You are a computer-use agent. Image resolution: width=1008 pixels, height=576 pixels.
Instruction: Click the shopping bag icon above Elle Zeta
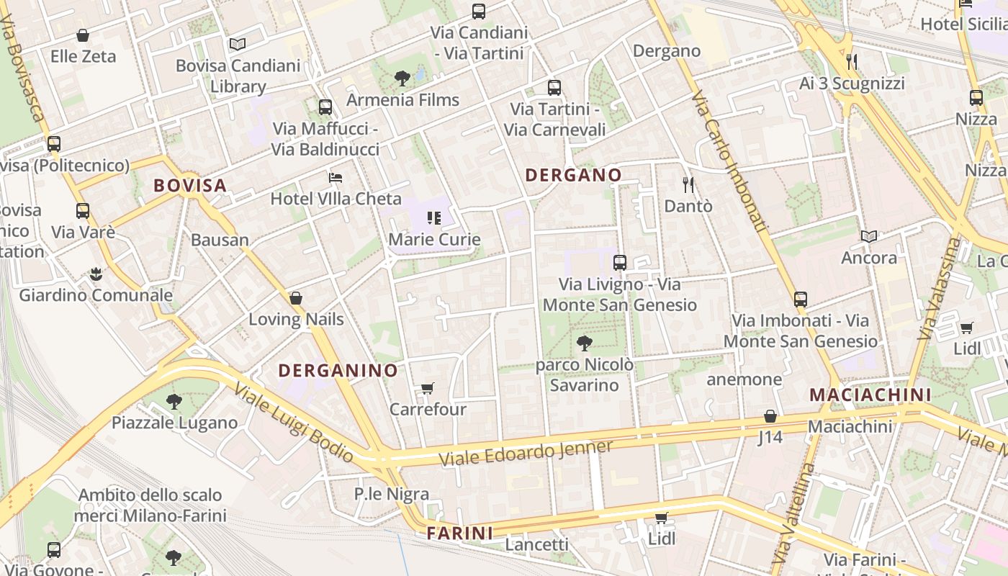point(83,35)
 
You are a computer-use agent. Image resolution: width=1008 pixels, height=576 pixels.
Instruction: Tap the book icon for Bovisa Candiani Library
point(238,45)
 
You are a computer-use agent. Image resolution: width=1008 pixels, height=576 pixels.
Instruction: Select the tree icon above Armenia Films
point(402,78)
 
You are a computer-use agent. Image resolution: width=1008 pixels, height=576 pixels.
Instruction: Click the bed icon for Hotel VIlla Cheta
point(336,177)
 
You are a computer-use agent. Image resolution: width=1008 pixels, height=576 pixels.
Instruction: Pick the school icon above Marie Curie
point(433,217)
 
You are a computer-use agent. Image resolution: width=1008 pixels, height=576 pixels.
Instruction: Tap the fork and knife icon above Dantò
point(688,185)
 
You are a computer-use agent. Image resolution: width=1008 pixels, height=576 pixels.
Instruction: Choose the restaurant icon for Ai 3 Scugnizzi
point(852,62)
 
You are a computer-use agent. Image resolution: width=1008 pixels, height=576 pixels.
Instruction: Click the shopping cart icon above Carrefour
point(428,389)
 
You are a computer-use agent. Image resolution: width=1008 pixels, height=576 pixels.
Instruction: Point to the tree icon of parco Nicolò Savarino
point(584,343)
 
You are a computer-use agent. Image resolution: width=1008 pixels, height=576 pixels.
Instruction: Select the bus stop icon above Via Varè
point(83,211)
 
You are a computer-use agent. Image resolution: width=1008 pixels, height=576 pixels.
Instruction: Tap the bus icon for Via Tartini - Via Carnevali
point(554,88)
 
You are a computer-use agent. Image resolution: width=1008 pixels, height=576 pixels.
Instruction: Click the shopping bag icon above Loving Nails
point(295,298)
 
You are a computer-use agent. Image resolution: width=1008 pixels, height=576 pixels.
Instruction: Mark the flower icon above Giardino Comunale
point(96,274)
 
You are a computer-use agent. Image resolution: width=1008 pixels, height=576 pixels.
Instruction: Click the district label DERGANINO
point(338,371)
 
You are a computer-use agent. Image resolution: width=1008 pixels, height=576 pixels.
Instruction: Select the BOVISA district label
point(190,186)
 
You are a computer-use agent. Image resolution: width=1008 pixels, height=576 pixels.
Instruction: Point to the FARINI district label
point(460,534)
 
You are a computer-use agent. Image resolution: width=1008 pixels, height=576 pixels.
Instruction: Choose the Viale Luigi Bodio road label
point(294,423)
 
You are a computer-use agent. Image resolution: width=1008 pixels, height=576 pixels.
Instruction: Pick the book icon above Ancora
point(869,236)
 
